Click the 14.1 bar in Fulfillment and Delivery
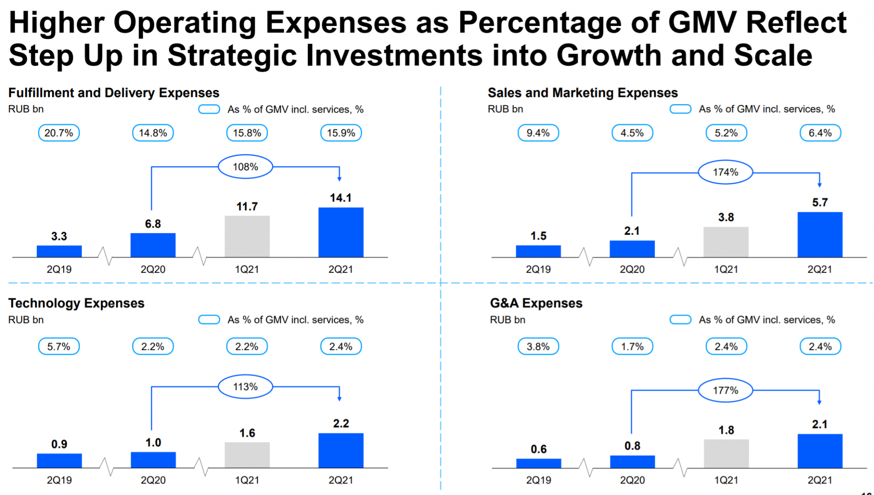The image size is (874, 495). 341,232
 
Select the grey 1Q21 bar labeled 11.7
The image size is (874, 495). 247,236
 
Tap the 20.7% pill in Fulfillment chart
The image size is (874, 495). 59,133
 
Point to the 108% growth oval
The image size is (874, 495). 245,167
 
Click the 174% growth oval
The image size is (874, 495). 725,172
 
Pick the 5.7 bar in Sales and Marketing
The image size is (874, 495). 819,234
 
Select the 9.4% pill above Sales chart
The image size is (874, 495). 538,133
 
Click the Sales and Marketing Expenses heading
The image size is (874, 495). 583,93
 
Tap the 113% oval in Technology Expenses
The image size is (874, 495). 245,387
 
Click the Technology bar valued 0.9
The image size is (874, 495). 59,460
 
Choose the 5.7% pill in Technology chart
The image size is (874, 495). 59,346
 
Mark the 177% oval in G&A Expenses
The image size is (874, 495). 725,390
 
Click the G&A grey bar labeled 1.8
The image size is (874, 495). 726,453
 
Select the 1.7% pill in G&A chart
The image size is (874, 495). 632,346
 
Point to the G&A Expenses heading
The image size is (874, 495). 536,303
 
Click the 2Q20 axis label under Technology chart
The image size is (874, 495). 153,480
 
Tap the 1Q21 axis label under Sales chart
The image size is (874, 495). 726,269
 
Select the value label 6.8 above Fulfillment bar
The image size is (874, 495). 153,224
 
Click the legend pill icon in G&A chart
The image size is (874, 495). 680,320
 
